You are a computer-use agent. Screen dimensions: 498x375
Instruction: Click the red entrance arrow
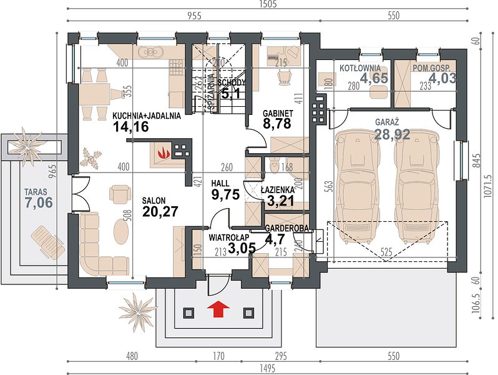click(218, 309)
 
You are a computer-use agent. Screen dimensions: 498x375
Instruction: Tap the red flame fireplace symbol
click(165, 152)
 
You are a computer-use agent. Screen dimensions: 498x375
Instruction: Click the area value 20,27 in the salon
click(160, 211)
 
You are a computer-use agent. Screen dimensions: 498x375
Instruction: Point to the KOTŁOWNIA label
click(360, 68)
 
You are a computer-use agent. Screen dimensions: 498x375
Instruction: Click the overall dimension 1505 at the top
click(268, 4)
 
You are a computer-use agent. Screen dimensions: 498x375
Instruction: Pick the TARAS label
click(36, 192)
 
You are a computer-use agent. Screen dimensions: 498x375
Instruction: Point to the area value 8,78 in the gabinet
click(276, 123)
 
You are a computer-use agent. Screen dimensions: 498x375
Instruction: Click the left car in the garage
click(357, 187)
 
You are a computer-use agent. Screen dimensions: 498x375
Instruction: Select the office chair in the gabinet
click(284, 77)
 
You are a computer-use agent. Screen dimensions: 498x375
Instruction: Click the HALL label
click(220, 184)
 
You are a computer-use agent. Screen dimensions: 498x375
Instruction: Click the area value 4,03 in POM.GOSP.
click(442, 77)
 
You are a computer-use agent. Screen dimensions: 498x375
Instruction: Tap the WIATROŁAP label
click(229, 237)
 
